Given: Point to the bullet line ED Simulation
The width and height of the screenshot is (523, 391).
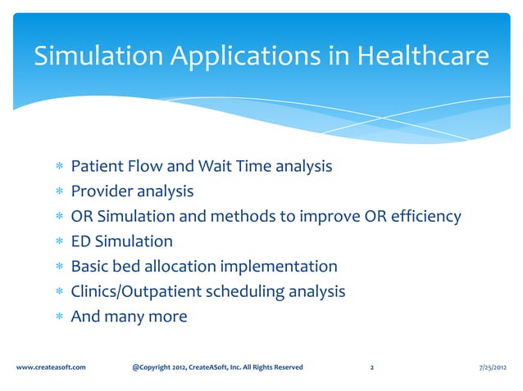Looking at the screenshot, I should pos(121,241).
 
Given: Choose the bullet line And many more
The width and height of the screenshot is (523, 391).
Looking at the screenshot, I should pos(129,316).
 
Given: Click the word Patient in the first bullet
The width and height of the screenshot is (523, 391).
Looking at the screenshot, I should pos(96,167).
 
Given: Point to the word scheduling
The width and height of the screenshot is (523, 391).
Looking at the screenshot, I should pos(245,291).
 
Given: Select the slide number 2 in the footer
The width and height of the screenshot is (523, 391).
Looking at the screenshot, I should pos(372,367).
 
